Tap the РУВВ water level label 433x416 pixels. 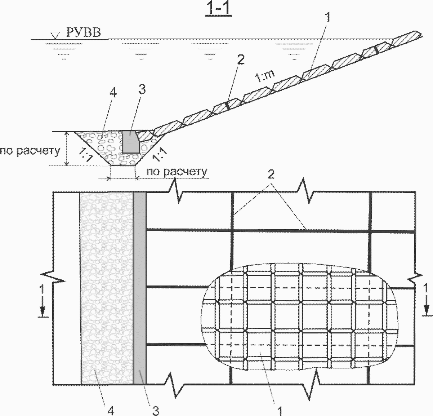pyautogui.click(x=84, y=32)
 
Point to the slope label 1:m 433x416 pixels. pyautogui.click(x=265, y=77)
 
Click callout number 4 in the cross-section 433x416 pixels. pyautogui.click(x=113, y=93)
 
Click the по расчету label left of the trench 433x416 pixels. pyautogui.click(x=30, y=151)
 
